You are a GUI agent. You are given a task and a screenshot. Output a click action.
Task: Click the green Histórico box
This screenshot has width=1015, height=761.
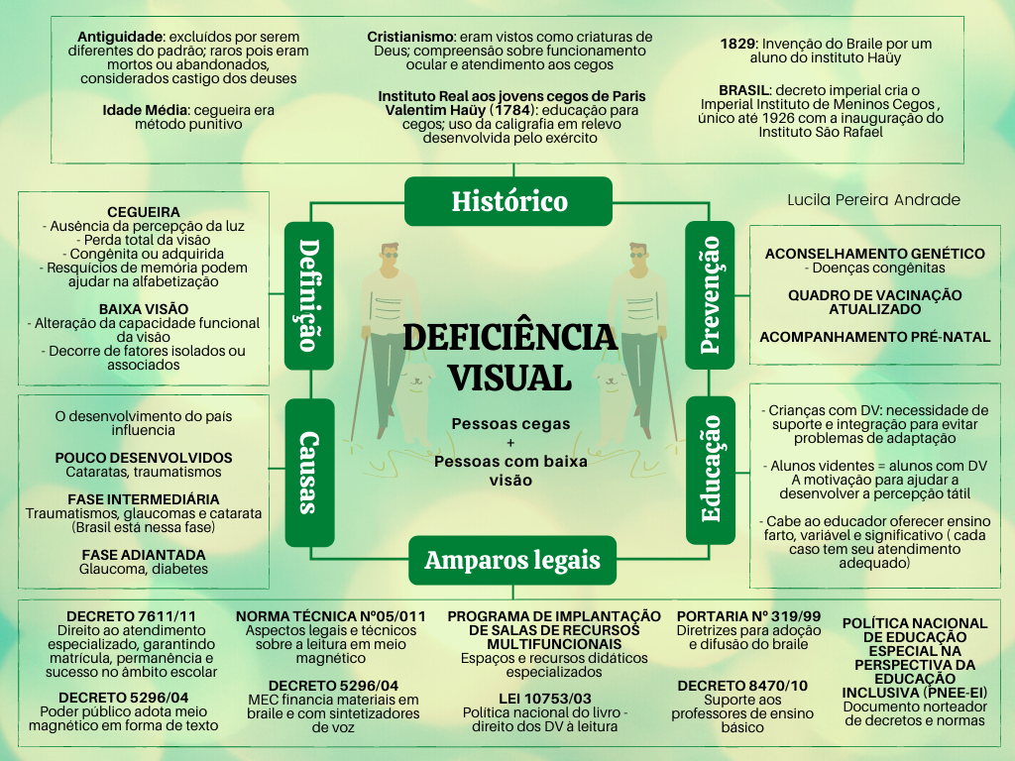(508, 201)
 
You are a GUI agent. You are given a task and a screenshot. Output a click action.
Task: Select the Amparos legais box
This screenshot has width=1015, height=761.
(512, 560)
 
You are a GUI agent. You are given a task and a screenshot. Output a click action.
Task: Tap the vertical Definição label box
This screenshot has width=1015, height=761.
(309, 294)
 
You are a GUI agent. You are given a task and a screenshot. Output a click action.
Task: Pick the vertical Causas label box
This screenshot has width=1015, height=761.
(309, 473)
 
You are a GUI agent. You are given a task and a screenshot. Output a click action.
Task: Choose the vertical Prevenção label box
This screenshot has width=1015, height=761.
(711, 294)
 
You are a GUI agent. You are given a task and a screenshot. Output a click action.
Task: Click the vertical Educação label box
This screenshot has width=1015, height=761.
(711, 471)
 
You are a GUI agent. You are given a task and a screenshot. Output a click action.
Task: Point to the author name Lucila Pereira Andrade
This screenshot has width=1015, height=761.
(873, 200)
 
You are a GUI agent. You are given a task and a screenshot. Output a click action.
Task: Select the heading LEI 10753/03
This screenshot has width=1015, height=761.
(540, 698)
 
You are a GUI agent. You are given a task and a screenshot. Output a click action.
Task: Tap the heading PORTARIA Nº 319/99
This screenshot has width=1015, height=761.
(748, 616)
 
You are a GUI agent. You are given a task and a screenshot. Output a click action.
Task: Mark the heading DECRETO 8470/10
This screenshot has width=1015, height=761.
(742, 686)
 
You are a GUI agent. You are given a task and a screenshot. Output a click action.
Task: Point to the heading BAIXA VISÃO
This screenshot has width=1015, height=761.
(144, 308)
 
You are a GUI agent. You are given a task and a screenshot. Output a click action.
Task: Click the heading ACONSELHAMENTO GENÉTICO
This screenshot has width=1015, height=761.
(874, 254)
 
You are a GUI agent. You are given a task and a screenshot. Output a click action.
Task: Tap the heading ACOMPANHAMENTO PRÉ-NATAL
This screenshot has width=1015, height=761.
(874, 337)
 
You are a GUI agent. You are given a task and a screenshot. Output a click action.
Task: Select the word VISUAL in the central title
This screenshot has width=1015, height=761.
(509, 377)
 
